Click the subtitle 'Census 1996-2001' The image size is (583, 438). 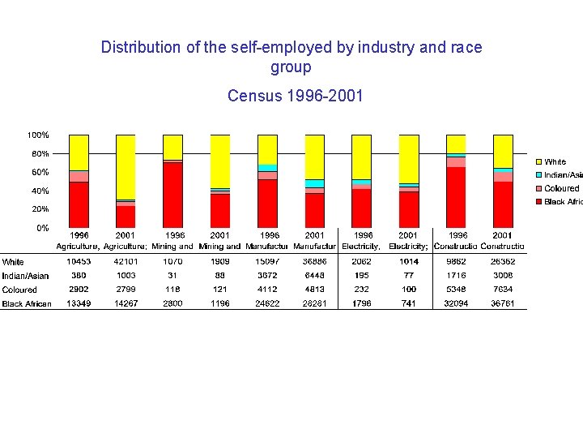[x=296, y=96]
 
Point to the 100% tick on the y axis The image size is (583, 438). [x=38, y=135]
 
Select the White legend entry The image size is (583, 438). [x=555, y=162]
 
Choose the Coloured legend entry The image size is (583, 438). [x=561, y=188]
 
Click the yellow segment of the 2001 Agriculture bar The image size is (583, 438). [x=126, y=166]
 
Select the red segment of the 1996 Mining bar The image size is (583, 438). [x=172, y=195]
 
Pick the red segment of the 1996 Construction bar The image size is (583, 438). [x=456, y=197]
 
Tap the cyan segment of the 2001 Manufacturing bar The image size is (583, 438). [x=314, y=184]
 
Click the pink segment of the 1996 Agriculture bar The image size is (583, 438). [x=79, y=176]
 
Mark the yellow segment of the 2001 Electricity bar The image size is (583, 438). [x=408, y=158]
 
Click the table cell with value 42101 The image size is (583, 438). [x=126, y=261]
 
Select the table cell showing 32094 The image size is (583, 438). [x=456, y=303]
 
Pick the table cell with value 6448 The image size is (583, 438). [x=314, y=275]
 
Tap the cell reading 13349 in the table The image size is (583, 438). [x=79, y=303]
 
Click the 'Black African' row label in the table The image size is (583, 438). [x=27, y=304]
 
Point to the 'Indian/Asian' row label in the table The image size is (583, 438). [x=25, y=276]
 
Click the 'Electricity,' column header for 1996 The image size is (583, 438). [x=361, y=246]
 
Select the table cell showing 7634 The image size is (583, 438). [x=503, y=289]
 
